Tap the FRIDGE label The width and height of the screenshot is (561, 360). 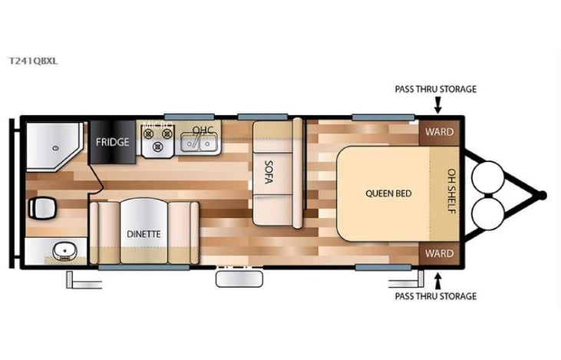click(112, 142)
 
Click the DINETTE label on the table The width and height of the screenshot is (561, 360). click(144, 233)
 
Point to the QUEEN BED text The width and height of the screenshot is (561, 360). click(388, 193)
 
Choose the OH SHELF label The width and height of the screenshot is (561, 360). click(451, 192)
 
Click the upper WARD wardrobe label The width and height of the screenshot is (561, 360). click(439, 132)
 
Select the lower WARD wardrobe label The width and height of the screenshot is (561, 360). click(439, 253)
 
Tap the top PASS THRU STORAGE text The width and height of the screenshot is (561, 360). click(435, 89)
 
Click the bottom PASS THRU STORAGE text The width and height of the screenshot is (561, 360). click(435, 296)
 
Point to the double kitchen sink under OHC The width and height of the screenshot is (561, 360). click(201, 142)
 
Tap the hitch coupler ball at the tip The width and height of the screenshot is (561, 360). click(542, 195)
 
